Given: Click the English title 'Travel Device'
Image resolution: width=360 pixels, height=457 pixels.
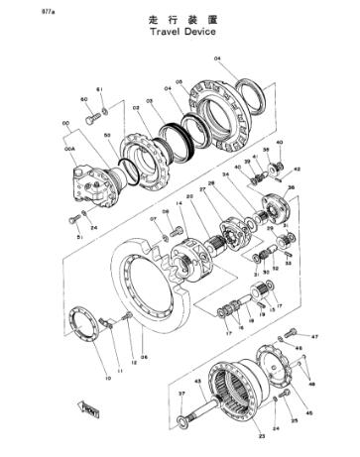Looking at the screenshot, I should tap(183, 30).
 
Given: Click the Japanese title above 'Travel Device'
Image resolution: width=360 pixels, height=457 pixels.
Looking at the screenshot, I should tap(183, 17).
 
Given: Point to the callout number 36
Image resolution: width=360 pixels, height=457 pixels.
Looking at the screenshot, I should tap(291, 185).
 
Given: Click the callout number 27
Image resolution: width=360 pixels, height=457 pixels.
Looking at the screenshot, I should tap(203, 187).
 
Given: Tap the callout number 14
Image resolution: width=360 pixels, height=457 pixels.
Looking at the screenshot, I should tap(179, 204).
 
